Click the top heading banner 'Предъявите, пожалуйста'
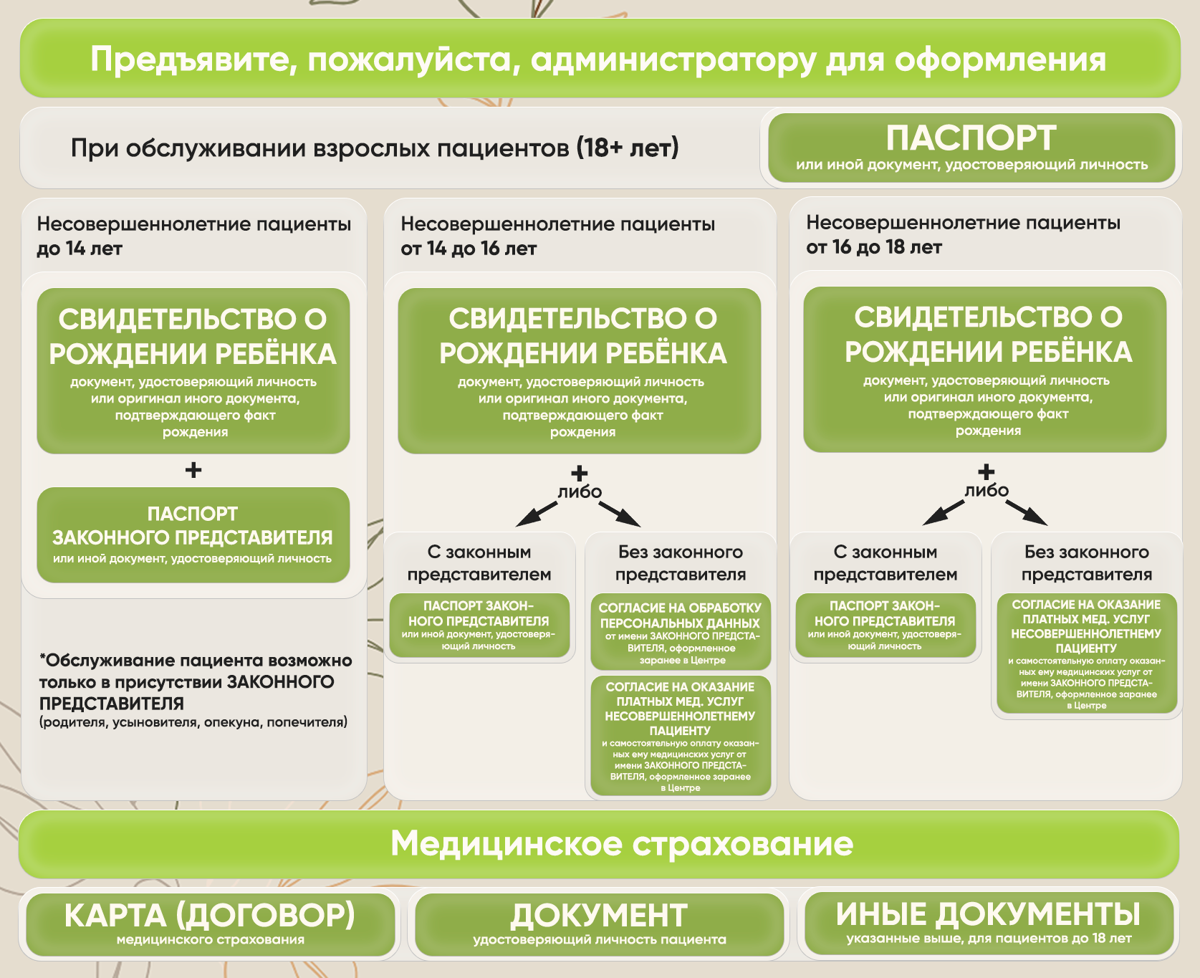[600, 58]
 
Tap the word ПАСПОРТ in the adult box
[971, 138]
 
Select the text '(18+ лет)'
[628, 148]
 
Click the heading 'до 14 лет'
[80, 249]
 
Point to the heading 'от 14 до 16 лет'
[469, 249]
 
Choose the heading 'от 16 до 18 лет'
[874, 247]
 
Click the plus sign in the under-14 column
[193, 470]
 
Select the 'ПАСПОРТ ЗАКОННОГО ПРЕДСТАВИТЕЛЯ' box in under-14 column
[193, 535]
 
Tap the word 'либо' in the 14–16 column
[580, 492]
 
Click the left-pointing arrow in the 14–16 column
[537, 514]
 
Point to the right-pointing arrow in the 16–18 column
[1027, 513]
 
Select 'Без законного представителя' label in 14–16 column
[681, 563]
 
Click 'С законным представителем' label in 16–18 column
[885, 563]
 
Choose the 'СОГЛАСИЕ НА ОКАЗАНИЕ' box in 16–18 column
[1087, 653]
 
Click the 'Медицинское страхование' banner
[600, 844]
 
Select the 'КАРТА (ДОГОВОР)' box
[211, 924]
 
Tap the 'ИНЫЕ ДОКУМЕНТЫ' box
[989, 924]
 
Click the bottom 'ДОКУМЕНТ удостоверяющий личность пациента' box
[600, 924]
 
